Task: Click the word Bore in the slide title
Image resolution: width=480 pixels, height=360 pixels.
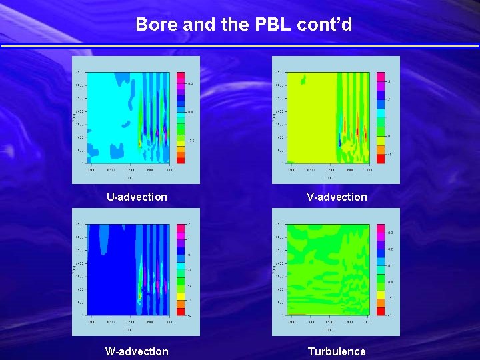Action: click(152, 25)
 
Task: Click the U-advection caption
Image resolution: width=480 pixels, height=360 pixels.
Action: click(137, 197)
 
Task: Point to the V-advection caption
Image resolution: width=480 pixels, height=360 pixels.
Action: click(337, 197)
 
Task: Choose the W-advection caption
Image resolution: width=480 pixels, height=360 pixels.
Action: click(137, 351)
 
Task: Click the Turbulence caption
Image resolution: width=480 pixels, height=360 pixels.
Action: click(337, 351)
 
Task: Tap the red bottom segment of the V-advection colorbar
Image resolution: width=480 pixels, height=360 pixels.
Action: click(381, 159)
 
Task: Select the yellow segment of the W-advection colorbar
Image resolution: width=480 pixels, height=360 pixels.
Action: click(181, 295)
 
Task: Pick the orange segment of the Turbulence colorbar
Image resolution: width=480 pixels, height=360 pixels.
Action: click(381, 303)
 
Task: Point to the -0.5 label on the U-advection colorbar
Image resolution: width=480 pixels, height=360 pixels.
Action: click(190, 141)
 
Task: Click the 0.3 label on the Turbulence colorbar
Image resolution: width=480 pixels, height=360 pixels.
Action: click(391, 233)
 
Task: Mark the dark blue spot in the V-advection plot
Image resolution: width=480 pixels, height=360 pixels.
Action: click(340, 142)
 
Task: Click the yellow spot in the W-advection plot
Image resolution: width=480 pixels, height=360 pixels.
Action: click(140, 295)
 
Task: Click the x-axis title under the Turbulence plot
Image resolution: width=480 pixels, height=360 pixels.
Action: click(329, 330)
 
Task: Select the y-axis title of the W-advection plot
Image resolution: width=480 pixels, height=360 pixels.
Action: click(75, 269)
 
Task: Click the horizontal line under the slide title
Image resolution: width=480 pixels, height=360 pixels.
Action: click(240, 45)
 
